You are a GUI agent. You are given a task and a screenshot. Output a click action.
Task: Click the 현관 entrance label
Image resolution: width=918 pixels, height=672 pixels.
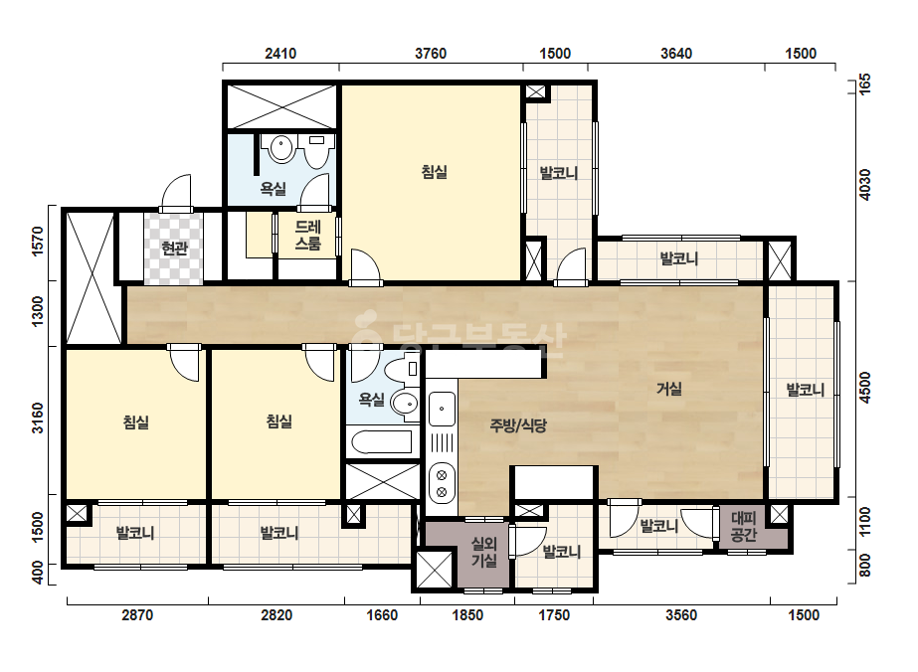tap(174, 249)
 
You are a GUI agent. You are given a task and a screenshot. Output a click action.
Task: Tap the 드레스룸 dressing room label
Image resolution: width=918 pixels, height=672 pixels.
tap(308, 235)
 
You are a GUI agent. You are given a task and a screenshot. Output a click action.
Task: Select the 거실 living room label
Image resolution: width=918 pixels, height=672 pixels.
tap(669, 389)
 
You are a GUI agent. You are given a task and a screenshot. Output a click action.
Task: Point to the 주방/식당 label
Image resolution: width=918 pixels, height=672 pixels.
tap(518, 425)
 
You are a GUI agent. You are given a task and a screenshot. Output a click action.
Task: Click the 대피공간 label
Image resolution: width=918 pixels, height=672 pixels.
tap(744, 526)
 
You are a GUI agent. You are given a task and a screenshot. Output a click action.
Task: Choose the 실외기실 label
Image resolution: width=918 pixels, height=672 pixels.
tap(484, 552)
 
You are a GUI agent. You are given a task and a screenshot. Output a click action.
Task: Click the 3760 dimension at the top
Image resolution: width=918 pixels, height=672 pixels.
tap(431, 54)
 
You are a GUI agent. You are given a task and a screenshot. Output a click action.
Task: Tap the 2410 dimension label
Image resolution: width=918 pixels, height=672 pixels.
tap(280, 54)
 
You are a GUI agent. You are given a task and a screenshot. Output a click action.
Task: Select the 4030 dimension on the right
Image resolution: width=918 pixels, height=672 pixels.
tap(864, 185)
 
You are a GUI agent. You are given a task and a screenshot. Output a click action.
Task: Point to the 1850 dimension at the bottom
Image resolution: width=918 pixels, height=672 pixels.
tap(467, 615)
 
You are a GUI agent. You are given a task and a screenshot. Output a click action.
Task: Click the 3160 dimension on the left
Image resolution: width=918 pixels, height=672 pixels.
tap(37, 418)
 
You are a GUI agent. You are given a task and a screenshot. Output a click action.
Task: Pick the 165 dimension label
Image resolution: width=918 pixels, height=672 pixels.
tap(864, 84)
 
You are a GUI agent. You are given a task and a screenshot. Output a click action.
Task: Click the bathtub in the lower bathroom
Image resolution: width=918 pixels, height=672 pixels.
tap(381, 442)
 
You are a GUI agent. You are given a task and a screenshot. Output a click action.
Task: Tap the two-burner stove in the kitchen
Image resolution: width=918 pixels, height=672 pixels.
tap(442, 482)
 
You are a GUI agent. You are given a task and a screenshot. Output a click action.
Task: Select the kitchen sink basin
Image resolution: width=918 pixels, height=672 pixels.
tap(442, 409)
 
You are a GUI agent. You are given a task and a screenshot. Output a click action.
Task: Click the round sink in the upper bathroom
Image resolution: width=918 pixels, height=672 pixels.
tap(281, 149)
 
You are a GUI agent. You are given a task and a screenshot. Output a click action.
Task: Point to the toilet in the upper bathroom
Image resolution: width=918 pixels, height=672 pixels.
tap(316, 151)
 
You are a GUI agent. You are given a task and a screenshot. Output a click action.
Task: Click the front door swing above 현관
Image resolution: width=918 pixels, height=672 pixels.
tap(176, 193)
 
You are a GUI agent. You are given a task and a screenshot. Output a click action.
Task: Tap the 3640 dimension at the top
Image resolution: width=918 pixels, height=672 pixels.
tap(676, 54)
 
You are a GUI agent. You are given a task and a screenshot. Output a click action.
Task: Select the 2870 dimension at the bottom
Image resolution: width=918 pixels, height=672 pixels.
tap(137, 615)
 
